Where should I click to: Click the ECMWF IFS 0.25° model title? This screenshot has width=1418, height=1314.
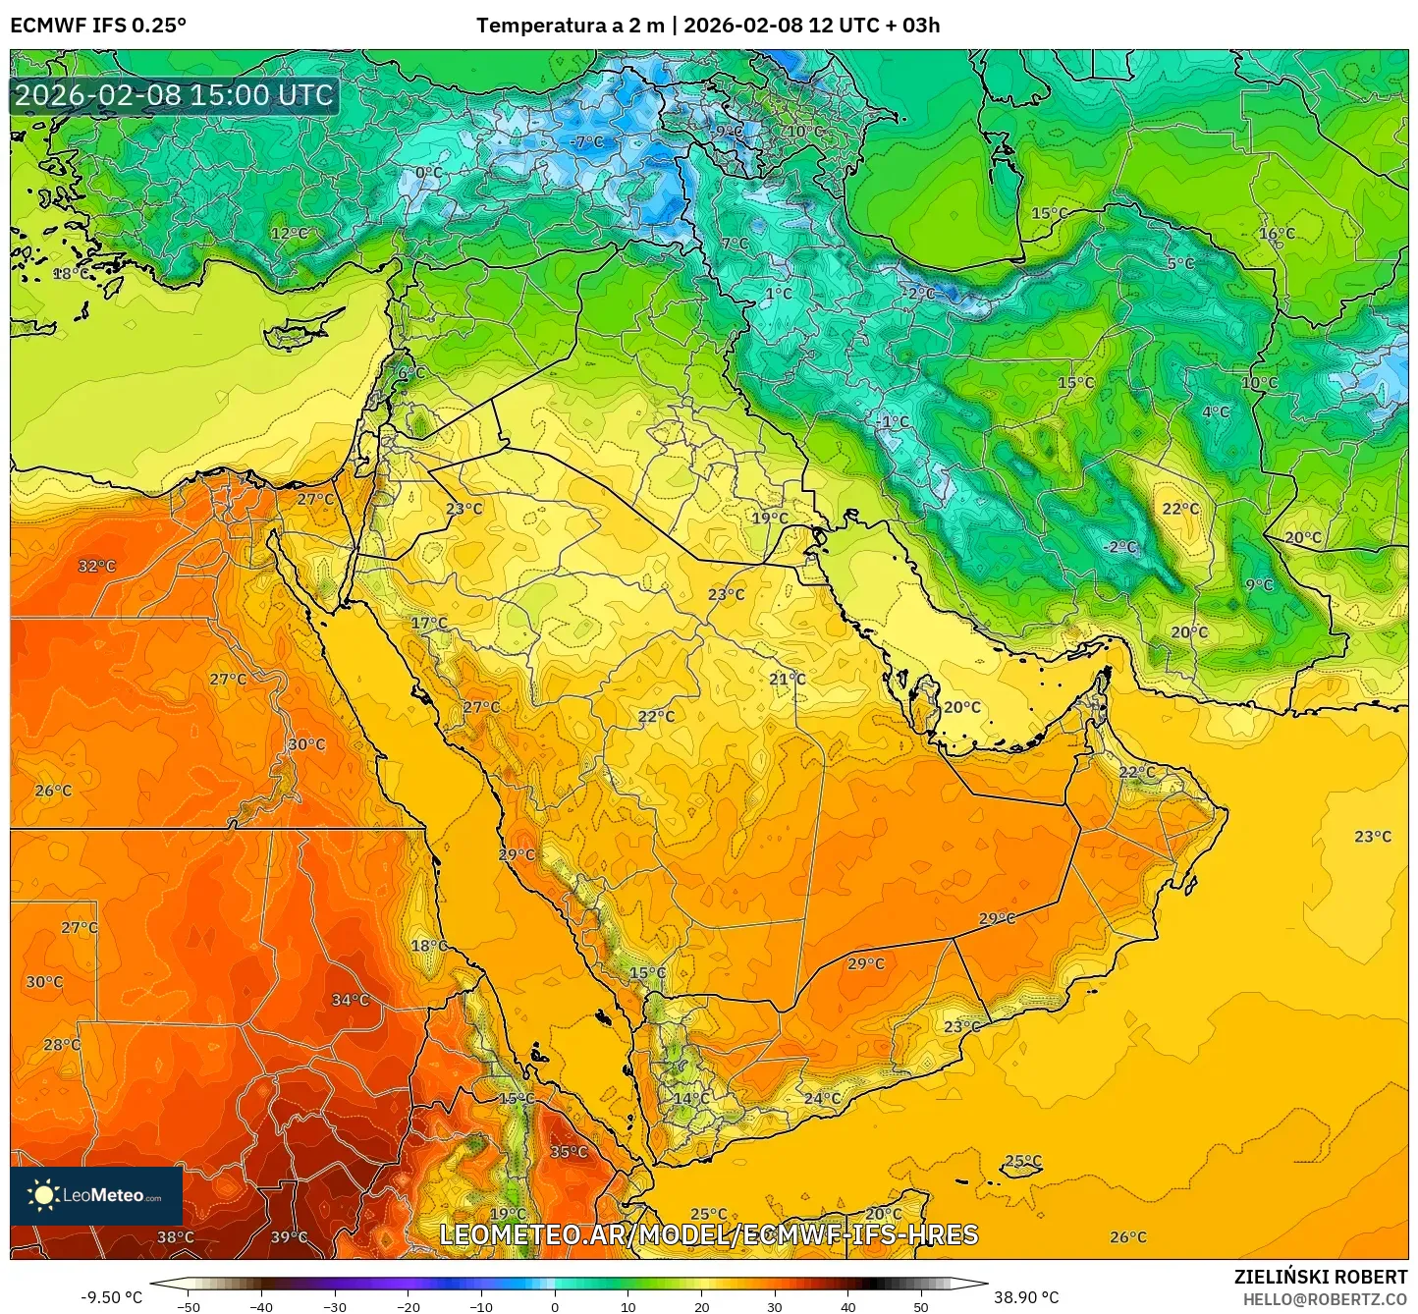tap(98, 26)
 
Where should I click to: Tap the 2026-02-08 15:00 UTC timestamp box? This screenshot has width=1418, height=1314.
tap(174, 95)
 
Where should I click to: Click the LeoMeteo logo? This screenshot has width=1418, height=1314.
tap(96, 1195)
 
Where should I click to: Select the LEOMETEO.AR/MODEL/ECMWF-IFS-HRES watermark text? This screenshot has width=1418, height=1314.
tap(708, 1234)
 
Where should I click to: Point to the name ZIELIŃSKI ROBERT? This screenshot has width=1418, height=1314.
tap(1321, 1277)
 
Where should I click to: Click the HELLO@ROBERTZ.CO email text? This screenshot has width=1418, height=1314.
tap(1325, 1299)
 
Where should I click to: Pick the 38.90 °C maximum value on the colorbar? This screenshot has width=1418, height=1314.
tap(1026, 1297)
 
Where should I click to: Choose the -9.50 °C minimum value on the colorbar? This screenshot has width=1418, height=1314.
tap(111, 1297)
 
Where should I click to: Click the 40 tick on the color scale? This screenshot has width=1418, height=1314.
tap(847, 1306)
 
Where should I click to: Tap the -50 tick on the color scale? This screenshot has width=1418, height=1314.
tap(188, 1306)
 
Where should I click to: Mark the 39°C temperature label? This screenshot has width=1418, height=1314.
tap(289, 1237)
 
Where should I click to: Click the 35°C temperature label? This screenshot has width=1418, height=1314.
tap(569, 1152)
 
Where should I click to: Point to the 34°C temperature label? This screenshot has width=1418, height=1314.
tap(350, 1000)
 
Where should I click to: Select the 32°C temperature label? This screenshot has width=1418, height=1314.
tap(96, 566)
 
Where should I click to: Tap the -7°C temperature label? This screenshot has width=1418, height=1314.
tap(586, 141)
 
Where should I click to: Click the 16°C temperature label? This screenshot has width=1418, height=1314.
tap(1277, 234)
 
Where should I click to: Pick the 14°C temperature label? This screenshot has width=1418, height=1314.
tap(690, 1098)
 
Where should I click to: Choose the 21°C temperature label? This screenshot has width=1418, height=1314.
tap(787, 679)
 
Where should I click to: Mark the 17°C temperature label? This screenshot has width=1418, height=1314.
tap(428, 623)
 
